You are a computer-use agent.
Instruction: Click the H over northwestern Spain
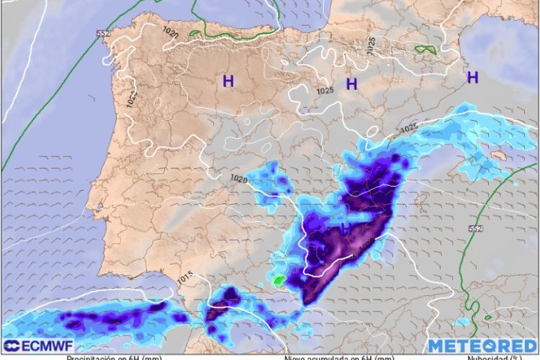pos(228,81)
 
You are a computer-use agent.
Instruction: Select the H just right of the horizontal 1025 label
pos(351,84)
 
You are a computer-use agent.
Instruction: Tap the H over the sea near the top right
pos(473,77)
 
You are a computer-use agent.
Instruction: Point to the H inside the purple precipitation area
pos(345,229)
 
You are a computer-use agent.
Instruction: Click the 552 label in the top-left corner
pos(103,34)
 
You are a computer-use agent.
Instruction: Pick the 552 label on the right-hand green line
pos(474,228)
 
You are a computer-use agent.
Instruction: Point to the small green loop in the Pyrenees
pos(426,50)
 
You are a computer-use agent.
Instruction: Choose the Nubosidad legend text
pos(492,357)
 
